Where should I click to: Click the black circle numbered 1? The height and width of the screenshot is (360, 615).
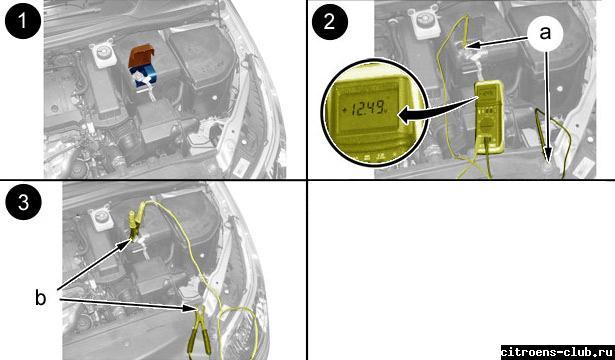coord(23,21)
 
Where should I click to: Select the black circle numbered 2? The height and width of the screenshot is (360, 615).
coord(329,21)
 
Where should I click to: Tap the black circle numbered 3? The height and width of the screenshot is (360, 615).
coord(23,202)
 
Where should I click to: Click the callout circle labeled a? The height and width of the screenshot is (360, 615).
coord(545,34)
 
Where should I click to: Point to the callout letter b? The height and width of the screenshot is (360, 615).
coord(40,298)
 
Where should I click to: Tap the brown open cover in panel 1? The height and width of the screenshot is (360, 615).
coord(142,55)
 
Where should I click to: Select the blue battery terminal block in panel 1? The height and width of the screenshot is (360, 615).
coord(144,76)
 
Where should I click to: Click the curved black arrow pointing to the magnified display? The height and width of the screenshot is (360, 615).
coord(435,111)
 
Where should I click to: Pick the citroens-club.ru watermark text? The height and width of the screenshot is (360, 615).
coord(557,351)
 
